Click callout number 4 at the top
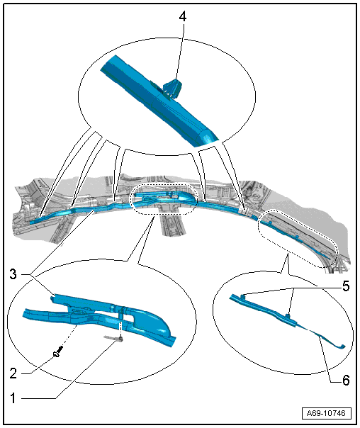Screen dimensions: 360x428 (x=183, y=16)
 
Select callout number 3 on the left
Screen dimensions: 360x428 (x=13, y=274)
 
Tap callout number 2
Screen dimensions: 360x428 (x=13, y=373)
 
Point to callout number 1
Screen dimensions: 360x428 (x=13, y=398)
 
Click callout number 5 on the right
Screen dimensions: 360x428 (x=346, y=286)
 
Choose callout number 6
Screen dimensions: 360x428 (x=346, y=380)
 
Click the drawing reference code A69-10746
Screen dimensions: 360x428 (x=326, y=413)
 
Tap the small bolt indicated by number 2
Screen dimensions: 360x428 (x=58, y=351)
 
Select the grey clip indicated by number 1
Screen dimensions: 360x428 (x=113, y=339)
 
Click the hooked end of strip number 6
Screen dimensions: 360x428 (x=341, y=347)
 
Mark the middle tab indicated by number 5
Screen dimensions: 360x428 (x=288, y=316)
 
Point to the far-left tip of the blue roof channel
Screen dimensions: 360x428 (x=30, y=223)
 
